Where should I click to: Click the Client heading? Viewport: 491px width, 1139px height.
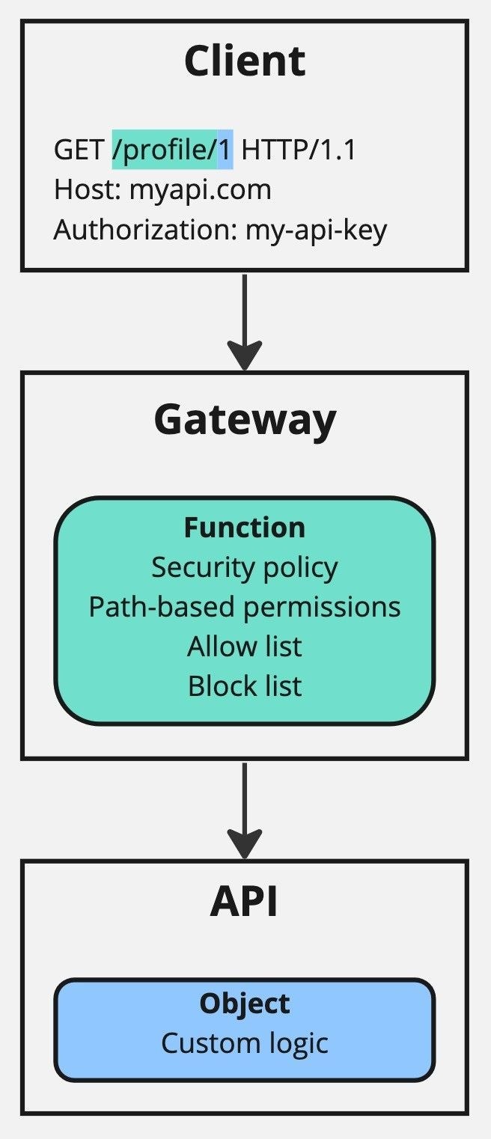click(245, 61)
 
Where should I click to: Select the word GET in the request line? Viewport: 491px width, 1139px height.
click(79, 150)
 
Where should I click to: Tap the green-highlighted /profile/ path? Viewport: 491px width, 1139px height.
click(165, 150)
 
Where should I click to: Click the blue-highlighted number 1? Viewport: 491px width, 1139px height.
click(225, 150)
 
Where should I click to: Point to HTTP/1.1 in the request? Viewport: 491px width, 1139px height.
click(299, 150)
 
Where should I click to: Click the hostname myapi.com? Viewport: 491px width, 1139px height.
click(201, 190)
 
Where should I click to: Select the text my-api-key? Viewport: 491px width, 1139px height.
click(317, 230)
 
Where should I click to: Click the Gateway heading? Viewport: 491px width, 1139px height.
click(245, 420)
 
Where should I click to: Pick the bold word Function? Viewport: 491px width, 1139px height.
click(245, 528)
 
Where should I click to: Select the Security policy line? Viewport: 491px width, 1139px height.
click(245, 567)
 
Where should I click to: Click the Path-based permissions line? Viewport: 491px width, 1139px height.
click(245, 606)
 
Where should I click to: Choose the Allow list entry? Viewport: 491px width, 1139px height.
click(245, 646)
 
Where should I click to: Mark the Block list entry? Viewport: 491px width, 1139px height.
click(245, 685)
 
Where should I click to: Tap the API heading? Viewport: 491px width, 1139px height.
click(245, 902)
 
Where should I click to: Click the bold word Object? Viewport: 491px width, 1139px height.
click(245, 1004)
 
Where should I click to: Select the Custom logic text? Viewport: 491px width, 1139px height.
click(245, 1042)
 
